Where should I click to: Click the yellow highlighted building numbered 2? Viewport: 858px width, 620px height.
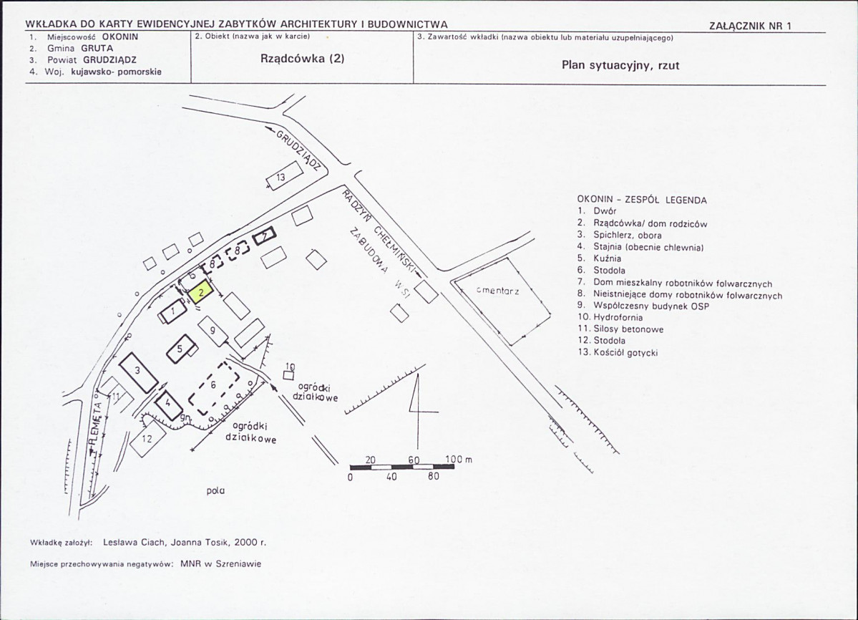pyautogui.click(x=201, y=291)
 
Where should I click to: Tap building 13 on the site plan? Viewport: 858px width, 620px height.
pyautogui.click(x=285, y=175)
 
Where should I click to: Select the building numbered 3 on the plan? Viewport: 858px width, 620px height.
pyautogui.click(x=138, y=373)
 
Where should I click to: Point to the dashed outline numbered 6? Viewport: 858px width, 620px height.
pyautogui.click(x=214, y=389)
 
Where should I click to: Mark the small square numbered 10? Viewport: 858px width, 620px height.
pyautogui.click(x=288, y=375)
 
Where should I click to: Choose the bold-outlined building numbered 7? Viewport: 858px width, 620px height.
pyautogui.click(x=264, y=236)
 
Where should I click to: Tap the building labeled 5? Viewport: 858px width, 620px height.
pyautogui.click(x=180, y=349)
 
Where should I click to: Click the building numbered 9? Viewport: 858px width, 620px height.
pyautogui.click(x=213, y=331)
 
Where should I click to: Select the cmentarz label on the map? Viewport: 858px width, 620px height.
pyautogui.click(x=497, y=291)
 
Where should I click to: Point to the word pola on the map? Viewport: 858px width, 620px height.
pyautogui.click(x=215, y=491)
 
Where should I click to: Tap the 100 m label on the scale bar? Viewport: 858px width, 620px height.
pyautogui.click(x=459, y=459)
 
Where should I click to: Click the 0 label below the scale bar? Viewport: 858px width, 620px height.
pyautogui.click(x=350, y=477)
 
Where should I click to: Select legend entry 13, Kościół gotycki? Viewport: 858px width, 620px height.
pyautogui.click(x=618, y=352)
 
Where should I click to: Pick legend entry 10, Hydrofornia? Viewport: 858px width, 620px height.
pyautogui.click(x=610, y=317)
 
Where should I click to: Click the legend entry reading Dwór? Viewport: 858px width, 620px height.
pyautogui.click(x=597, y=211)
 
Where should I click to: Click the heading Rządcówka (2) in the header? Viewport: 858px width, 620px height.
pyautogui.click(x=303, y=59)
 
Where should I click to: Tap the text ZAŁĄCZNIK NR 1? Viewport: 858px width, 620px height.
pyautogui.click(x=750, y=26)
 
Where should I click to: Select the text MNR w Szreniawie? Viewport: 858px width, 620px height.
pyautogui.click(x=221, y=563)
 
